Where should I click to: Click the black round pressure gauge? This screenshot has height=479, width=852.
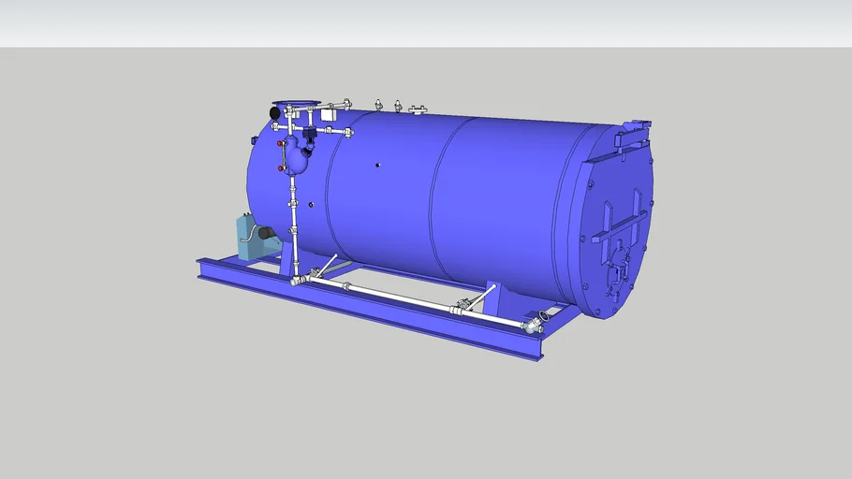click(274, 112)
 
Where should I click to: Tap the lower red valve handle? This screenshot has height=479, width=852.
click(281, 168)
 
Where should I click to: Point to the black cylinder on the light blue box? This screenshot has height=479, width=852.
click(268, 233)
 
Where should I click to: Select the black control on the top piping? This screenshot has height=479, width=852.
click(309, 133)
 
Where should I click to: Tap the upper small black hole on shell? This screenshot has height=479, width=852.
click(376, 165)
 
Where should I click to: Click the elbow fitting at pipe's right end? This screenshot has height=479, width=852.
click(535, 325)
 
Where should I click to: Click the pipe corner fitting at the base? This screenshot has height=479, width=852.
click(299, 280)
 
